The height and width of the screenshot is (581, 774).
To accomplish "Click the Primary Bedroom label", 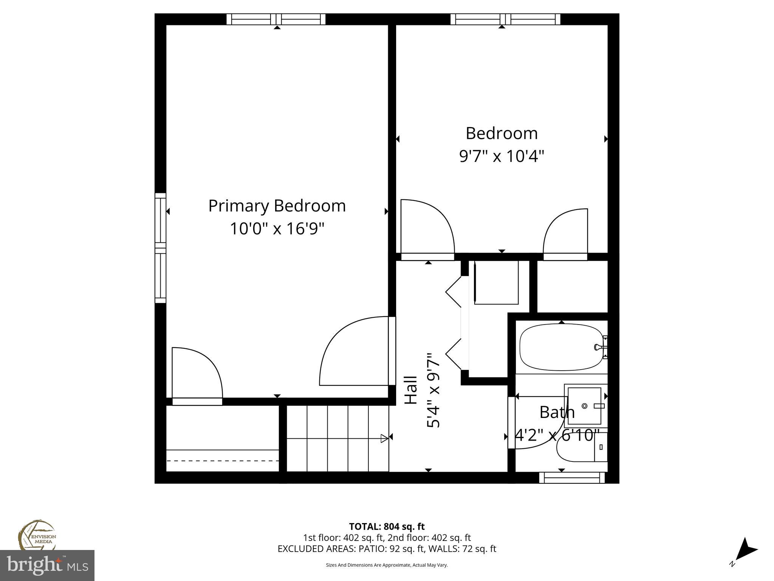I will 277,206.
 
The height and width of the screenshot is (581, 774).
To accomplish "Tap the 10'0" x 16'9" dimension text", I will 277,229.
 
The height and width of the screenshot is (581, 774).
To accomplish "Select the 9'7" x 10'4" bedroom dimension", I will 502,156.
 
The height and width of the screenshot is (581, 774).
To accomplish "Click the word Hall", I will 411,390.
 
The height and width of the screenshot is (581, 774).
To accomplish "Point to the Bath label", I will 557,412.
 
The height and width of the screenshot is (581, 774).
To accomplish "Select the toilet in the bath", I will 580,447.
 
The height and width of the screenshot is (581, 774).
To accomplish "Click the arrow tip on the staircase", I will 384,438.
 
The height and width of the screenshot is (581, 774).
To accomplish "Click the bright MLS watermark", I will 47,565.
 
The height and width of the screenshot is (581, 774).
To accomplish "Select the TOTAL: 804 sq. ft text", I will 387,527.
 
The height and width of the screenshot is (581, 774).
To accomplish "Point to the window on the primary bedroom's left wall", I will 161,248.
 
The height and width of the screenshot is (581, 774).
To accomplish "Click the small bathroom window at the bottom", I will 571,478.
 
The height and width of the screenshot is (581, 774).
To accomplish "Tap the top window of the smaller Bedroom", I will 505,19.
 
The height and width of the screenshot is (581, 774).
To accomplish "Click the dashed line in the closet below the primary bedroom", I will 223,461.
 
